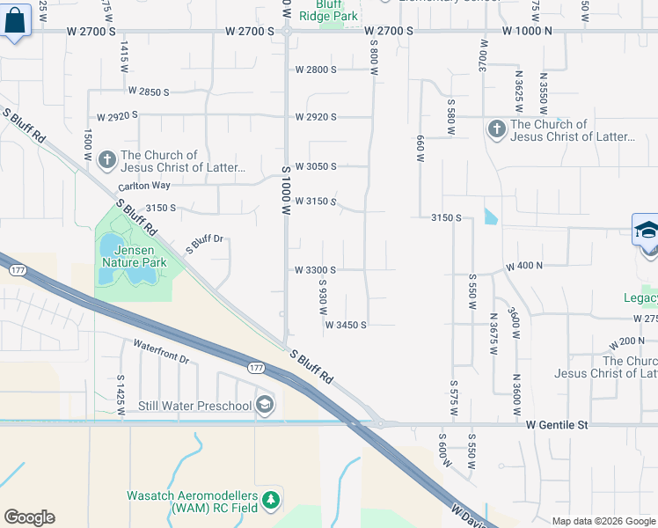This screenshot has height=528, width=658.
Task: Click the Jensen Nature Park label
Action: click(134, 256)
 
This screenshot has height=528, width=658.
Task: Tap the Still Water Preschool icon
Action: click(265, 406)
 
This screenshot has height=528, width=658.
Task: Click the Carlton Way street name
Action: click(146, 186)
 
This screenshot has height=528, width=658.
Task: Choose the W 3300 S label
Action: click(316, 270)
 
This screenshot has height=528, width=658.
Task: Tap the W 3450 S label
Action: click(345, 325)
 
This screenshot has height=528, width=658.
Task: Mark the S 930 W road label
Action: click(323, 299)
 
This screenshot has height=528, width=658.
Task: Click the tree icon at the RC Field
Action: click(272, 500)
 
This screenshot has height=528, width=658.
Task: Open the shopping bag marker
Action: click(16, 23)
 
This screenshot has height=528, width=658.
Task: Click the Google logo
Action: click(29, 517)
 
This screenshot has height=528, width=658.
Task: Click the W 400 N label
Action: click(528, 265)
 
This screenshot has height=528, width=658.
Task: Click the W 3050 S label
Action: click(316, 166)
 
